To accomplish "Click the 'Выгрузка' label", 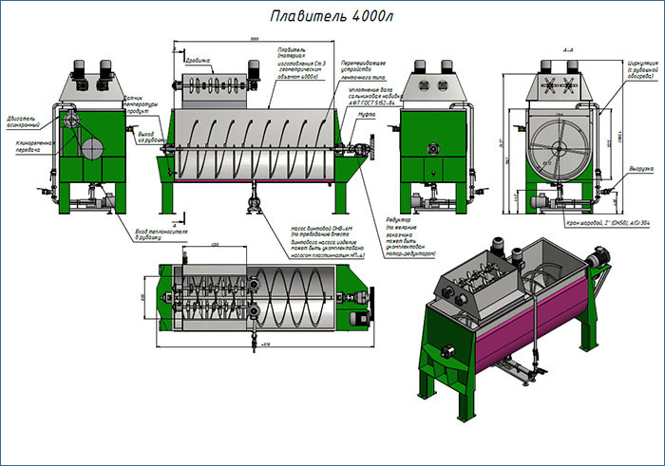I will (640, 168).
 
